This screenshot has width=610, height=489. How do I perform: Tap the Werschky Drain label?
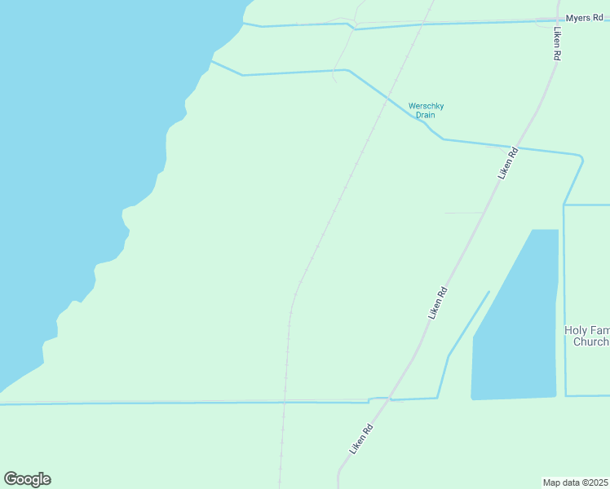[x=426, y=110]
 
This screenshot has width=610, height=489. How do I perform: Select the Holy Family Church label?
[x=587, y=336]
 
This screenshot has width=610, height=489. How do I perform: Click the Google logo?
[x=27, y=479]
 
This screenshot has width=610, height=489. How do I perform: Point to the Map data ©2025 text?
[x=576, y=482]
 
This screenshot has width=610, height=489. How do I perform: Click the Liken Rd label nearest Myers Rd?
[x=557, y=46]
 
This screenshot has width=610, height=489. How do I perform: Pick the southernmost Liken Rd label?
[x=361, y=439]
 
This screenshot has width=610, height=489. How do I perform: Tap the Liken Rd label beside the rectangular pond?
[x=438, y=302]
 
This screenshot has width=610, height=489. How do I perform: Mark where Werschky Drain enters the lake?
[x=211, y=61]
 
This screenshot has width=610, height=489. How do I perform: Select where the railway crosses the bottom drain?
[x=284, y=402]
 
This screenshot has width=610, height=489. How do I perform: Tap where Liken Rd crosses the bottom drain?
[x=390, y=399]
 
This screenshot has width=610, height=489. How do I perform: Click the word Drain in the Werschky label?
[x=426, y=116]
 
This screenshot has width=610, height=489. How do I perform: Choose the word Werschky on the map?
[x=426, y=106]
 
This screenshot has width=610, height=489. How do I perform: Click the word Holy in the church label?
[x=576, y=330]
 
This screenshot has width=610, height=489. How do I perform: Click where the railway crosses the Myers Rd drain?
[x=423, y=24]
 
